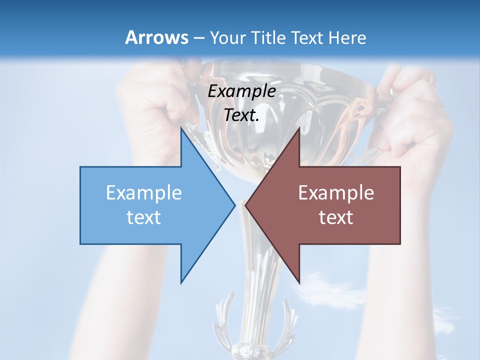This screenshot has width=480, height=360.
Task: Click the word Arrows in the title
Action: coord(156,37)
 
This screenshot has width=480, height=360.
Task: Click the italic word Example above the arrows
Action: coord(242,91)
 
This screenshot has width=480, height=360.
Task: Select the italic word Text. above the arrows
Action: coord(242,115)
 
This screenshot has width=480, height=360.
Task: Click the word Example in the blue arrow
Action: coord(144,193)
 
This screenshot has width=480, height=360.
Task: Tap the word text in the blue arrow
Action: coord(144,217)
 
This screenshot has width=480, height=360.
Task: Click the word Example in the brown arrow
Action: coord(336,193)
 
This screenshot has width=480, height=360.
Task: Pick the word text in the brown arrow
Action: coord(336,217)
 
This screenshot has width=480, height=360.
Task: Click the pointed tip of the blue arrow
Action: coord(234,204)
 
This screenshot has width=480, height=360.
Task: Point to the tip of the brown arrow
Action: coord(245,204)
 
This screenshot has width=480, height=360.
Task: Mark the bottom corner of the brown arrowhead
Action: coord(299,282)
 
